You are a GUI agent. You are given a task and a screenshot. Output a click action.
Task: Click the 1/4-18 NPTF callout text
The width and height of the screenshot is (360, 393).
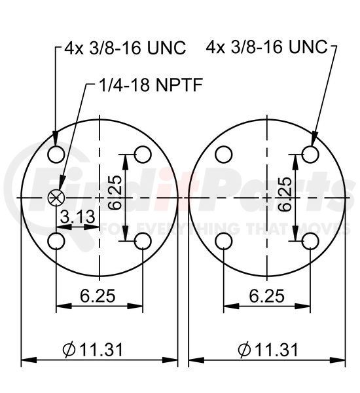pyautogui.click(x=151, y=84)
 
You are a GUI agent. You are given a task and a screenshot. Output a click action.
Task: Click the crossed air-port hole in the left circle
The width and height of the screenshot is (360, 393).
pyautogui.click(x=56, y=198)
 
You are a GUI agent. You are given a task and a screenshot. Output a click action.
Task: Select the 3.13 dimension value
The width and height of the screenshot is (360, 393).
pyautogui.click(x=78, y=217)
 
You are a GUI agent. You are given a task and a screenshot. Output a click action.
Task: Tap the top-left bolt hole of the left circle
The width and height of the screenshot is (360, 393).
pyautogui.click(x=56, y=154)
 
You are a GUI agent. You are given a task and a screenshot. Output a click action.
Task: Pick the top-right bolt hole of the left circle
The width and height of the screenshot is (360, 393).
pyautogui.click(x=143, y=154)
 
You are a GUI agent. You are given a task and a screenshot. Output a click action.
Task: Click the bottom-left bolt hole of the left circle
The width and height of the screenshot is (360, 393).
pyautogui.click(x=56, y=241)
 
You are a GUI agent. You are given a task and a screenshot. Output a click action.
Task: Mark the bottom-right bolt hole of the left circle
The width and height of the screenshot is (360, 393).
pyautogui.click(x=143, y=241)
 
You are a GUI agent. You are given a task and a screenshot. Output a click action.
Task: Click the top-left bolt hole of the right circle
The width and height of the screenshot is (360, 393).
pyautogui.click(x=224, y=154)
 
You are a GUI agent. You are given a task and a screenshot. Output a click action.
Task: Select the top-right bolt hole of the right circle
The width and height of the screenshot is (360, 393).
pyautogui.click(x=310, y=154)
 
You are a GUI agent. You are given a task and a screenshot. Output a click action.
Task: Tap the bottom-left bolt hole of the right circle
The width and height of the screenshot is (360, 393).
pyautogui.click(x=224, y=241)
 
